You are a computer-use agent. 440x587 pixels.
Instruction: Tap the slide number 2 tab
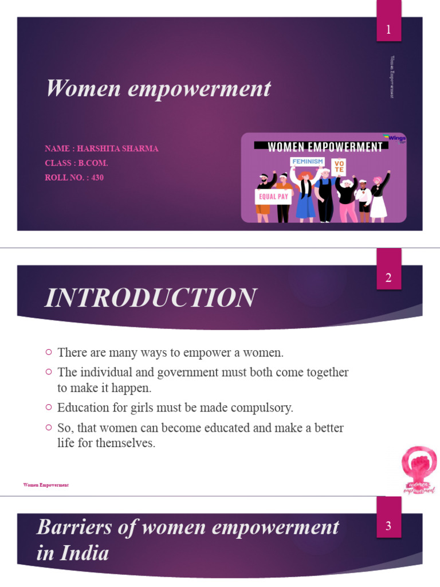388,278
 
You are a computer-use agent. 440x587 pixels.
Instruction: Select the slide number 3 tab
388,526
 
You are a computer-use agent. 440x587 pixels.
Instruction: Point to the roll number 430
97,178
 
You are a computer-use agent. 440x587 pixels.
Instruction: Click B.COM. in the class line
93,163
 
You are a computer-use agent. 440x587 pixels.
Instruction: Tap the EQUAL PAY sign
273,197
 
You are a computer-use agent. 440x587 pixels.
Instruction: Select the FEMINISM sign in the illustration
308,162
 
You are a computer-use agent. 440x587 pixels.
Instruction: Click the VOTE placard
339,166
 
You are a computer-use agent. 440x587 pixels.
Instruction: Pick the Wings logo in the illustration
395,138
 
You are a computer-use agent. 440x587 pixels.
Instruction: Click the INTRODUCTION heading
151,298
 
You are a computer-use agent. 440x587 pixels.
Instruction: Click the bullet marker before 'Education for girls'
49,408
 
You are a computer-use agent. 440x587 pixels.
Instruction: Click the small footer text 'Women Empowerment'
46,485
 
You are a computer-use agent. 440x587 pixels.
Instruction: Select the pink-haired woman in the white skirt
378,198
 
